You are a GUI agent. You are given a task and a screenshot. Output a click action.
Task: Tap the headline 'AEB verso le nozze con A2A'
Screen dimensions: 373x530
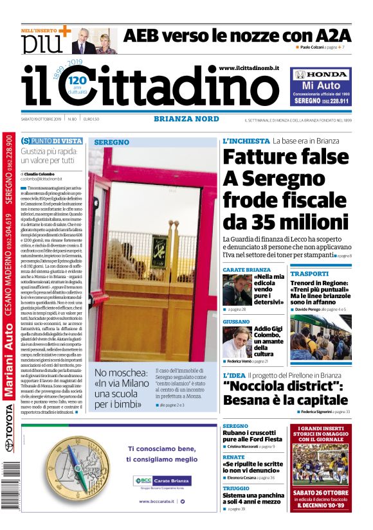(x=237, y=35)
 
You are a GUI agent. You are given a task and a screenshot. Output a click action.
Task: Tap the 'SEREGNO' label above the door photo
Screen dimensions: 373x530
(x=112, y=142)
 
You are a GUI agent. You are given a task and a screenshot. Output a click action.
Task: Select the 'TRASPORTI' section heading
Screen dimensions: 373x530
(x=309, y=274)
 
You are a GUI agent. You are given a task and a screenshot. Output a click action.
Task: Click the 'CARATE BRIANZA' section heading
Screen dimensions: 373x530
(x=246, y=270)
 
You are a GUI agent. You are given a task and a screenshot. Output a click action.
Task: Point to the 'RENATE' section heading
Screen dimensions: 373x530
(x=233, y=457)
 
